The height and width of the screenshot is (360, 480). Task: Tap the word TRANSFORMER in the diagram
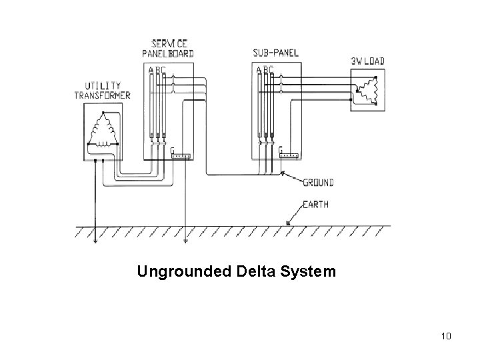coord(102,95)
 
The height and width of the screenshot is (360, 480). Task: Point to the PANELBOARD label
coord(169,53)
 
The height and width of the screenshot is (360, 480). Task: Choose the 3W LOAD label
coord(368,62)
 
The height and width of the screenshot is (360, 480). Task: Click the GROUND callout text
coord(319,182)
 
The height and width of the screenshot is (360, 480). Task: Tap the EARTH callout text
coord(315,205)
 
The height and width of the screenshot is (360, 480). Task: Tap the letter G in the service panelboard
coord(173,150)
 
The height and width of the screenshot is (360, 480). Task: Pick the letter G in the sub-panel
coord(280,149)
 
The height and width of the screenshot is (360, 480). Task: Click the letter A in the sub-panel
coord(258,69)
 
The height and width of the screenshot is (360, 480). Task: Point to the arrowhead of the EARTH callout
coord(287,225)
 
